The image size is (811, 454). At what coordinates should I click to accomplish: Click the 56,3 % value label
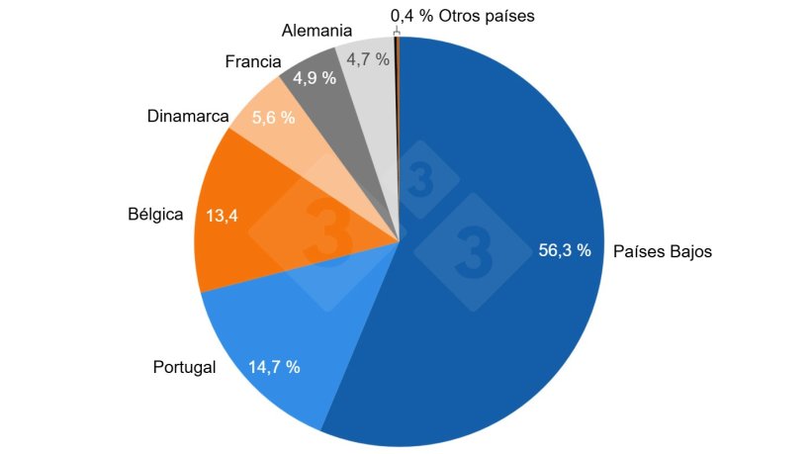pyautogui.click(x=564, y=250)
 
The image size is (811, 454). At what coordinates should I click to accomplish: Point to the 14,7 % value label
pyautogui.click(x=274, y=367)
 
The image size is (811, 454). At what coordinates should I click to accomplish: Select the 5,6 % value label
pyautogui.click(x=274, y=118)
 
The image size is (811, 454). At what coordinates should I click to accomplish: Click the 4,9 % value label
pyautogui.click(x=315, y=78)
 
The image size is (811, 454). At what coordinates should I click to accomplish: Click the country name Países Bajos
pyautogui.click(x=662, y=251)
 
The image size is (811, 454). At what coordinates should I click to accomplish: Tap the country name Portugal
pyautogui.click(x=184, y=368)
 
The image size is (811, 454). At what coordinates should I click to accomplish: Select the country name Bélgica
pyautogui.click(x=155, y=215)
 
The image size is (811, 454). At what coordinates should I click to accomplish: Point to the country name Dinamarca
pyautogui.click(x=187, y=116)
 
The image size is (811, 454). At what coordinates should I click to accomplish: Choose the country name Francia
pyautogui.click(x=253, y=61)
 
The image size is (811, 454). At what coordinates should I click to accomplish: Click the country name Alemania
pyautogui.click(x=316, y=31)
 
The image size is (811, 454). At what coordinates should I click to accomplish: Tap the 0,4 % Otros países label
pyautogui.click(x=462, y=16)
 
